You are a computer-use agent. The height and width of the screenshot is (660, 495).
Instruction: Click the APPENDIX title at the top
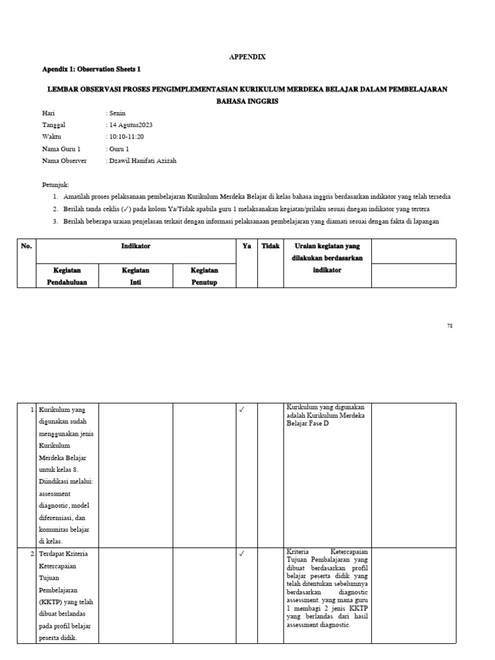pos(247,57)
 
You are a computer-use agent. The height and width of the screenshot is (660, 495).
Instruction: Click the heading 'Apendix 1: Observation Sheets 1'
pos(91,69)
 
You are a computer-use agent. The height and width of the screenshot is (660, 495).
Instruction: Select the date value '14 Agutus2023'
pos(131,125)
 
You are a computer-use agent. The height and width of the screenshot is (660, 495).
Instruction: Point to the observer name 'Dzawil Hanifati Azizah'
pos(142,160)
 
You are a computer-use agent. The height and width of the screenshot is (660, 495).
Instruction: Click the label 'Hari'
pos(48,113)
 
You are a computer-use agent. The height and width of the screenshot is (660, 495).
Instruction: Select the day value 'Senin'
pos(118,113)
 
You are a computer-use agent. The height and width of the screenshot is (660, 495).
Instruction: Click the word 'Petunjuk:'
pos(55,184)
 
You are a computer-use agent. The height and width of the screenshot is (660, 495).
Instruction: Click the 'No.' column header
pos(26,246)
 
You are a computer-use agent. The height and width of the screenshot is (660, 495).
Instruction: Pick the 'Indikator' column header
pos(136,246)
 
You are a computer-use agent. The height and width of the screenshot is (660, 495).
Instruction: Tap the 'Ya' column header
pos(246,246)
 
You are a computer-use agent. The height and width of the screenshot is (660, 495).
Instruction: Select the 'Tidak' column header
pos(270,246)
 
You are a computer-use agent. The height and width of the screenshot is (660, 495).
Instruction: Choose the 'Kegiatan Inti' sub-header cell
pos(135,276)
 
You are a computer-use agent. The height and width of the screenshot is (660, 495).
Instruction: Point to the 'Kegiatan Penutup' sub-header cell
pos(204,276)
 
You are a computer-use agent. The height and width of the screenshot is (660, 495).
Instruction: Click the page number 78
pos(449,326)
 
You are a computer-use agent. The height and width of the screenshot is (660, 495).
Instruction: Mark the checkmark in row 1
pos(242,410)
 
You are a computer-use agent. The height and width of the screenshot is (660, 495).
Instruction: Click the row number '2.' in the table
pos(32,554)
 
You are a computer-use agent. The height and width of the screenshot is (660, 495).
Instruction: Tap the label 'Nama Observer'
pos(64,160)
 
